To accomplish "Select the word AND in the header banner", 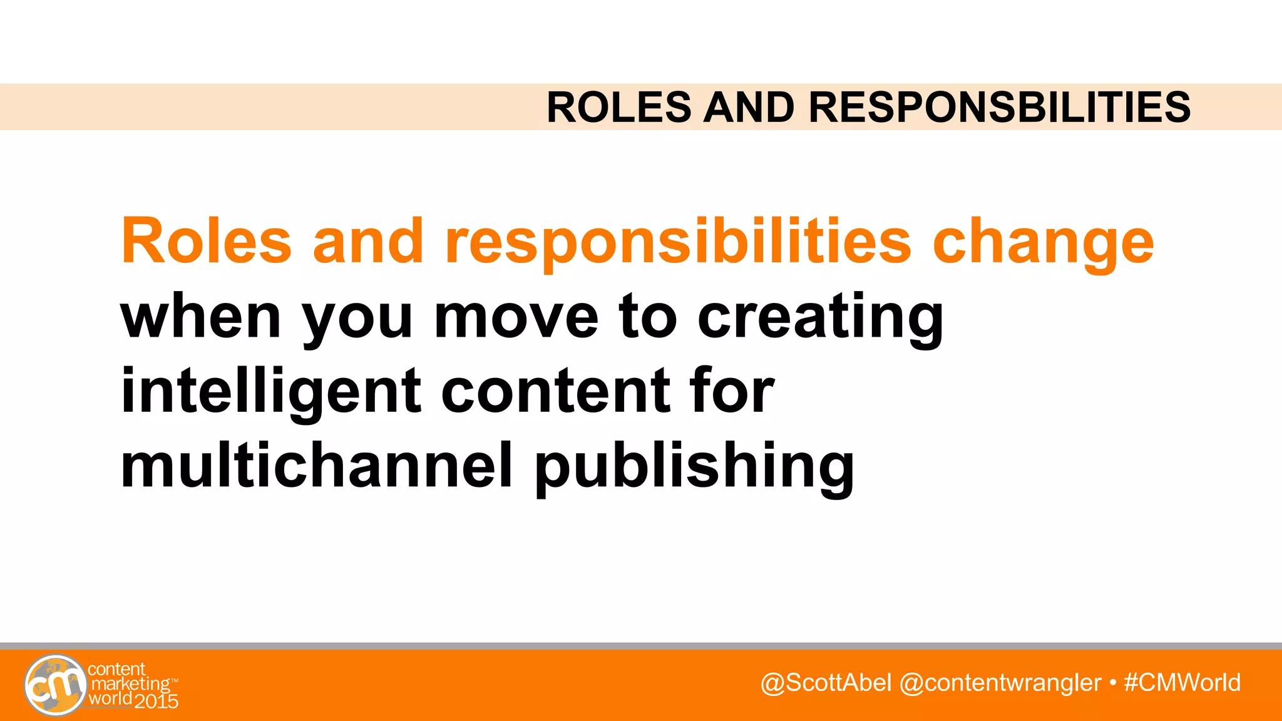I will tap(749, 107).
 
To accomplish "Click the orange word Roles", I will tap(207, 242).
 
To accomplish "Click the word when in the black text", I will tap(200, 317).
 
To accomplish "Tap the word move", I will tap(516, 317).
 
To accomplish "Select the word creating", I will tap(820, 318).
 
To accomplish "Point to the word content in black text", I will tap(555, 392).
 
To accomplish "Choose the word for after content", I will tap(732, 391).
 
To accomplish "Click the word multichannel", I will tap(317, 466).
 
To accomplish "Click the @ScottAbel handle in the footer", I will tap(826, 683).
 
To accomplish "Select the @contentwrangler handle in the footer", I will tap(1000, 683).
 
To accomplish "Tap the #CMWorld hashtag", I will tap(1182, 683).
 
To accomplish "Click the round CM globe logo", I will tap(55, 685).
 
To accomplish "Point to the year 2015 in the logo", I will tap(156, 701).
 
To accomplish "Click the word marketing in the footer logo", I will tap(130, 684).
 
